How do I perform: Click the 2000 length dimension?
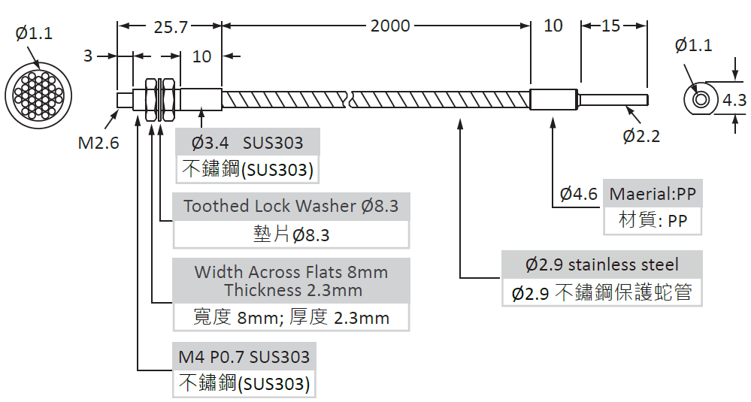390,26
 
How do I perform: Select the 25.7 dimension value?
171,27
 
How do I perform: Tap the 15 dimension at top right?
610,26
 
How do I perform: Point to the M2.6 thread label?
98,143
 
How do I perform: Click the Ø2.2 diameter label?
641,137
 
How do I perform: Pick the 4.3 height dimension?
734,100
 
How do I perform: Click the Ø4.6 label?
579,194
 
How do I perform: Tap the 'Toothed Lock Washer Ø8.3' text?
291,207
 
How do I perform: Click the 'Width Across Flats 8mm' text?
291,272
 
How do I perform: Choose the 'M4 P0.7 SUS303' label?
244,357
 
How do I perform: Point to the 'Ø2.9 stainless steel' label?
602,264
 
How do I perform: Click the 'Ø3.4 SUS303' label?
247,143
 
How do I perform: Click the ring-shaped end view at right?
701,99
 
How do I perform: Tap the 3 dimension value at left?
88,56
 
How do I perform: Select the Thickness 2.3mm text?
293,291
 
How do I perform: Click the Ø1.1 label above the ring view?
694,46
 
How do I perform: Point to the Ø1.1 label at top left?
34,34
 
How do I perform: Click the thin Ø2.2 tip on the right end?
613,99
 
